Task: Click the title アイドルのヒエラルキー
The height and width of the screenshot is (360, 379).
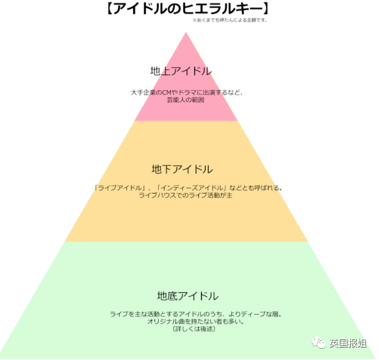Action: point(187,9)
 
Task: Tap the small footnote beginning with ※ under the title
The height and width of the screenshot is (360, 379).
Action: point(230,20)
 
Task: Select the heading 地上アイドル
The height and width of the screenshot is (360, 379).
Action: point(181,71)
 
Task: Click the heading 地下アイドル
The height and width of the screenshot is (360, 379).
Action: point(182,170)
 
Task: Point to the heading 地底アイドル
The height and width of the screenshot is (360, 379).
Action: point(188,296)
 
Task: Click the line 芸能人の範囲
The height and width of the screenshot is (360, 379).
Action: point(186,100)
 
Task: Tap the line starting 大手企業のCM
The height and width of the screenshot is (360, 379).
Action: point(187,92)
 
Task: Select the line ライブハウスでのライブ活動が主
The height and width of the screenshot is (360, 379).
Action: point(186,195)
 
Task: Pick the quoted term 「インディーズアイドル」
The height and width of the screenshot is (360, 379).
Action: point(192,188)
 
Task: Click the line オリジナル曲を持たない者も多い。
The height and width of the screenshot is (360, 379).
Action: point(196,321)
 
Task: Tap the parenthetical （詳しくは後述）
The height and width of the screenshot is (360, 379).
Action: point(194,329)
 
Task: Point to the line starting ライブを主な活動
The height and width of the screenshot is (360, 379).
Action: point(196,314)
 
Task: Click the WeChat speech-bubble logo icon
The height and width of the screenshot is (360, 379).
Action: point(318,343)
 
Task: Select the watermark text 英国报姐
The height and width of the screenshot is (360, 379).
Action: point(348,343)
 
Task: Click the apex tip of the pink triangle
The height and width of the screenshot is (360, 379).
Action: point(186,32)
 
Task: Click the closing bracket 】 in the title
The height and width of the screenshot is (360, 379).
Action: point(266,9)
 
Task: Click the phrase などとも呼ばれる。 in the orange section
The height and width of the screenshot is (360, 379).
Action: point(256,188)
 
